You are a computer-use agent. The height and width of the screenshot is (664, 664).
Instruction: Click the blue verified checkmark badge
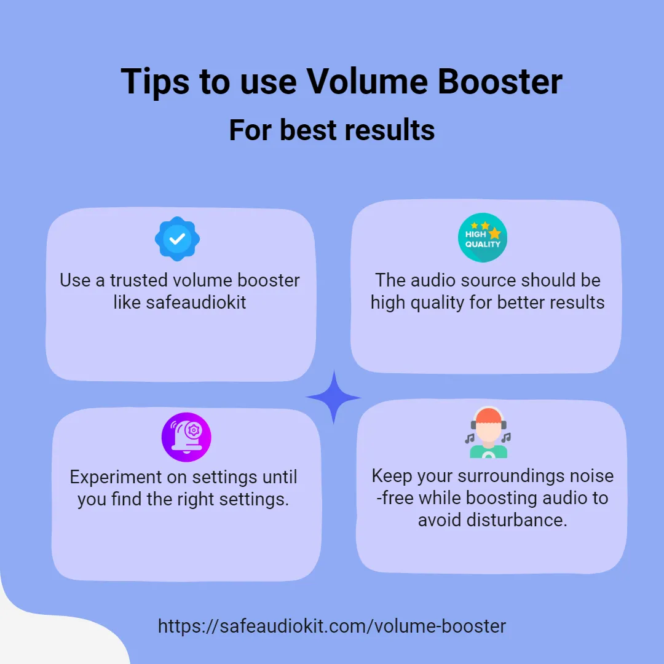[x=177, y=239]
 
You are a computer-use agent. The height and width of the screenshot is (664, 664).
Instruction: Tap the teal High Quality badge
[x=483, y=237]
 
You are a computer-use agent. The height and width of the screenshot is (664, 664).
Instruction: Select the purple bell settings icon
[x=186, y=437]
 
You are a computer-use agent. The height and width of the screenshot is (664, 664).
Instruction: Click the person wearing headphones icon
[x=488, y=432]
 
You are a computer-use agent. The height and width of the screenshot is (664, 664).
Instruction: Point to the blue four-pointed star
[x=333, y=397]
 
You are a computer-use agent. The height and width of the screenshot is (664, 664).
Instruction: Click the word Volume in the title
[x=366, y=81]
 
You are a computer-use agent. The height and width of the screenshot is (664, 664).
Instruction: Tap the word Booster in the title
[x=500, y=81]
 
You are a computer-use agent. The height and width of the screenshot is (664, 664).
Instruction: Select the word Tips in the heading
[x=155, y=82]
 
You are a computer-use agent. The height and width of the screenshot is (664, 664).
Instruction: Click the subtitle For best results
[x=332, y=130]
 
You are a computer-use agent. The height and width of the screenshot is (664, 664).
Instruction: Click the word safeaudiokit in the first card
[x=196, y=302]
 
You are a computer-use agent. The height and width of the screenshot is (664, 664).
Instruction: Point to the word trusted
[x=139, y=280]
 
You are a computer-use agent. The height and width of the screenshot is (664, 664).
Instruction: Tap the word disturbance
[x=516, y=520]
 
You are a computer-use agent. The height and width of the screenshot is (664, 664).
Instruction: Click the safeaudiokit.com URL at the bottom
[x=332, y=626]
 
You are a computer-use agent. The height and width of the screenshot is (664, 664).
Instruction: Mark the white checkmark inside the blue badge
[x=177, y=239]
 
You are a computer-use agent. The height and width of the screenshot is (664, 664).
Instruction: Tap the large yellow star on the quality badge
[x=494, y=233]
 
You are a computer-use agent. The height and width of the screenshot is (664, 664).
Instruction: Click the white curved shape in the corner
[x=55, y=631]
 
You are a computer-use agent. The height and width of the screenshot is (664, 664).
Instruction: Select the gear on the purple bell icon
[x=194, y=430]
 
